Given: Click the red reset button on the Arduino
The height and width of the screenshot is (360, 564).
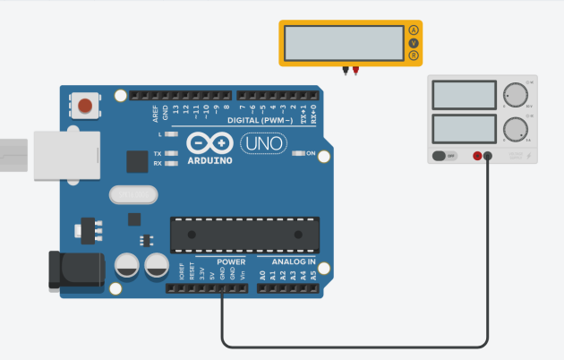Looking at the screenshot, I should [x=85, y=107].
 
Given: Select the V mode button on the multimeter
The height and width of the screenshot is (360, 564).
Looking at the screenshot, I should [x=414, y=43].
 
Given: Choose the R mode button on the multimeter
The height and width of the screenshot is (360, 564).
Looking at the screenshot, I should [x=414, y=56].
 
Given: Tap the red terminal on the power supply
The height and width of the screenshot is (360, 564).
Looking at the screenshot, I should [x=477, y=156].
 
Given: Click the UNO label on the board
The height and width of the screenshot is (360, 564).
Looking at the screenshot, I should [x=265, y=143].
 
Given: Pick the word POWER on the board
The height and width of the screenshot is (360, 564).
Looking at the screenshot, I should [x=231, y=262].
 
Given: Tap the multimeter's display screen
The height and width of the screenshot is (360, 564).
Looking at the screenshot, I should [x=343, y=42].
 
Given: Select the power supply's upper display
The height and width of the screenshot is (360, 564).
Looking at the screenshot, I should [x=465, y=94].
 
